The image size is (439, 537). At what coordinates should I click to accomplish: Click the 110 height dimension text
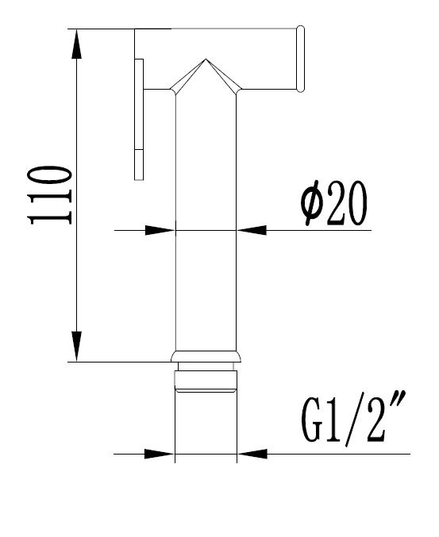pos(51,195)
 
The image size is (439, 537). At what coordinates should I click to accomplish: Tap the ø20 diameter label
pos(333,203)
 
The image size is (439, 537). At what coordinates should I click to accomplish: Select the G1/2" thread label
pos(353,418)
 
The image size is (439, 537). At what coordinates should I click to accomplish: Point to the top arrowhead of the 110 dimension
pos(77,44)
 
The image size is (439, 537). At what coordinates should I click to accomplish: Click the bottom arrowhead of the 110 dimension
pos(77,347)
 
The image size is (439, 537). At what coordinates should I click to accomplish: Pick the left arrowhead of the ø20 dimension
pos(160,230)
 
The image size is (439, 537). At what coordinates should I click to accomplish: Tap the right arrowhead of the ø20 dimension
pos(251,230)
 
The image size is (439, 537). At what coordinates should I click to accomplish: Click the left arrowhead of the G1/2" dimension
pos(160,455)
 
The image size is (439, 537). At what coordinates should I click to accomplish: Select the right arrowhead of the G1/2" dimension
pos(252,455)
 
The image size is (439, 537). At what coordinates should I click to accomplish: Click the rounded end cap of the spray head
pos(300,59)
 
